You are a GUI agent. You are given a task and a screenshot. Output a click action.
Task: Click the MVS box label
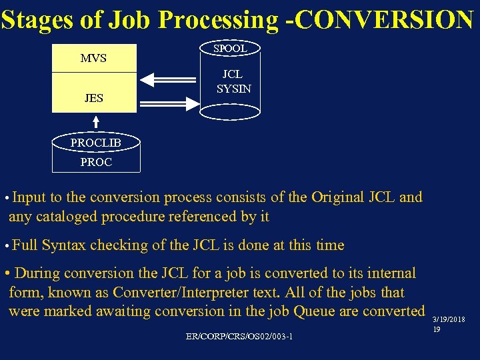(93, 58)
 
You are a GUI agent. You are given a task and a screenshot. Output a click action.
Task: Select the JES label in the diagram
(94, 98)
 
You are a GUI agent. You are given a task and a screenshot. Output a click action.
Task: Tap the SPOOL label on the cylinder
(230, 48)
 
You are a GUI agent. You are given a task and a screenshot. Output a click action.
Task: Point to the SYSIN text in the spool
(234, 89)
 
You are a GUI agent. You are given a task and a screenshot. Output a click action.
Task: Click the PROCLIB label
(96, 143)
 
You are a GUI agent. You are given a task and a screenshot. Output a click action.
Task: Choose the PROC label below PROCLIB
(96, 162)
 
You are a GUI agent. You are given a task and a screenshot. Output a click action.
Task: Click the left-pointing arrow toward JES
(169, 80)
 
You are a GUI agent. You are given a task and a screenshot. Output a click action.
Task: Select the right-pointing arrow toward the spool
(169, 102)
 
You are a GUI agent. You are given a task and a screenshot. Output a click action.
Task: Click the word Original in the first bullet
(333, 197)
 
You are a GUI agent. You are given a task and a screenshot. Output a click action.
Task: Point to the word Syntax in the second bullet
(63, 245)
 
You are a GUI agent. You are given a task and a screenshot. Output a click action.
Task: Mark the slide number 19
(437, 329)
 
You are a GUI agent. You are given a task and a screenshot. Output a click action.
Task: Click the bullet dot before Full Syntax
(6, 246)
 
